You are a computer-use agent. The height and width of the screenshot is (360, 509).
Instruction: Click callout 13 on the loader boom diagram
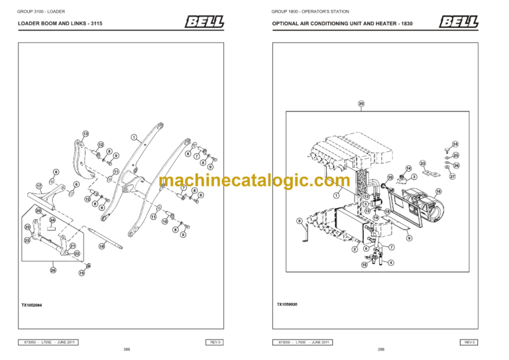[85, 133]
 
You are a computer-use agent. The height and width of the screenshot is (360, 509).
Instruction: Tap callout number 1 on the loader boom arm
[133, 137]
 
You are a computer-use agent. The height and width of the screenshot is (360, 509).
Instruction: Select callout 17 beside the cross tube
[39, 185]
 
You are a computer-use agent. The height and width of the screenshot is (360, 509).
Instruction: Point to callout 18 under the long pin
[101, 246]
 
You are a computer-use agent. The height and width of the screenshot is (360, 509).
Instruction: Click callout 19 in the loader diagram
[82, 272]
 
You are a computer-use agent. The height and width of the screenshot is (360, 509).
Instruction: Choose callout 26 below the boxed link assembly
[53, 270]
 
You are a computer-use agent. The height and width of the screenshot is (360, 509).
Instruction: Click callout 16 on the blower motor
[437, 191]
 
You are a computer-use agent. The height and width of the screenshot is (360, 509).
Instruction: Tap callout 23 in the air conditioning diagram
[423, 163]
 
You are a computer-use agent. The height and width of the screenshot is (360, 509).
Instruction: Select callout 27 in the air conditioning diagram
[453, 177]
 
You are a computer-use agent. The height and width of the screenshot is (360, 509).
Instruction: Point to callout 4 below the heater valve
[391, 263]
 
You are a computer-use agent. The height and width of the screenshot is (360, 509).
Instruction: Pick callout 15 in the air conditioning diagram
[364, 265]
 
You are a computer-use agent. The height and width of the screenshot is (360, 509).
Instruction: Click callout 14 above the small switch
[408, 168]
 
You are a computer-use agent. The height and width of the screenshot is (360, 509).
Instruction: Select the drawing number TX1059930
[288, 305]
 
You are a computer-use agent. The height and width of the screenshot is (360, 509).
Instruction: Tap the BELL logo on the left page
[204, 23]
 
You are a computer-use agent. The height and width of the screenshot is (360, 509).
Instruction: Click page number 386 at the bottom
[127, 349]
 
